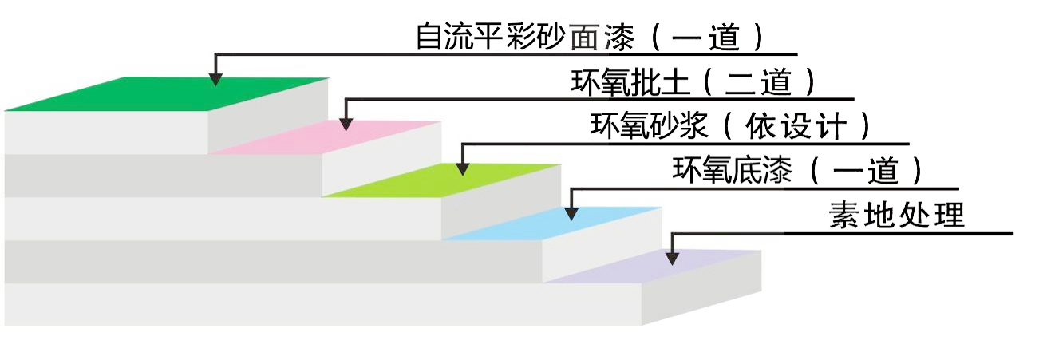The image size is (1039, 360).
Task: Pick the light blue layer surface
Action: [x=551, y=222]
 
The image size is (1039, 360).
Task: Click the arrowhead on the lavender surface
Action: [x=672, y=257]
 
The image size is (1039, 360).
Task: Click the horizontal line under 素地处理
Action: [x=898, y=234]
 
